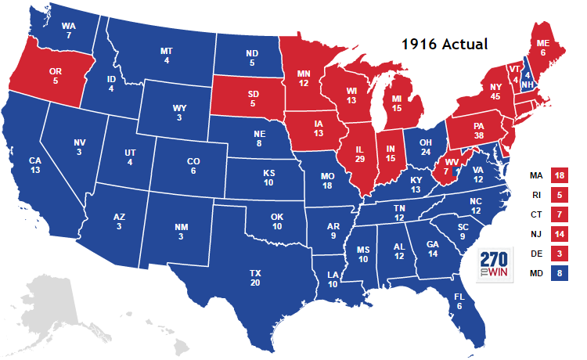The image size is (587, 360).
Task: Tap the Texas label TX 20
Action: pos(255,278)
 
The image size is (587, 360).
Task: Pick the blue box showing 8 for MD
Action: pos(560,273)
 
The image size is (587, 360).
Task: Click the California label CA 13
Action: pos(35,166)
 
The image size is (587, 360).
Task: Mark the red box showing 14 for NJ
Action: pos(560,233)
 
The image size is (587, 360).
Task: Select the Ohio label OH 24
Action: pos(425,146)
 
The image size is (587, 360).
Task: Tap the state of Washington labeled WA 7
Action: pos(69,31)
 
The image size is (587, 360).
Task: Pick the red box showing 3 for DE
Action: pos(560,253)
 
